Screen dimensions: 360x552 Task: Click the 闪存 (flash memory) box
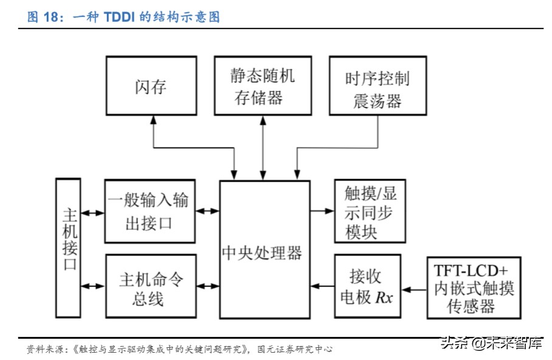pos(151,86)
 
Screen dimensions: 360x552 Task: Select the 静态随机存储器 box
pos(263,86)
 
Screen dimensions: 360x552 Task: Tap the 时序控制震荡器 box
pos(377,86)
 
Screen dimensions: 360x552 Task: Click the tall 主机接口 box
pos(67,247)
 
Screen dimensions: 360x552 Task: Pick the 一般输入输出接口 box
pos(150,212)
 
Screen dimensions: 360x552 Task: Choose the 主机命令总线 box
pos(150,286)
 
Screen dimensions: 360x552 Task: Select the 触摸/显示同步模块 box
pos(370,212)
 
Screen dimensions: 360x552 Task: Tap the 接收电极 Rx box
pos(368,286)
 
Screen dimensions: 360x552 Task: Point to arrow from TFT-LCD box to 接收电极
pos(415,290)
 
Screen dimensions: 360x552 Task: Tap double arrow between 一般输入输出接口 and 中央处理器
pos(207,211)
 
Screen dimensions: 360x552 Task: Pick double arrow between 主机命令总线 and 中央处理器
pos(207,286)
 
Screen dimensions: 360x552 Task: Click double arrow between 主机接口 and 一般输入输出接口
pos(92,212)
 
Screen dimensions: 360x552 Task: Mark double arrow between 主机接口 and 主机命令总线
pos(92,286)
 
